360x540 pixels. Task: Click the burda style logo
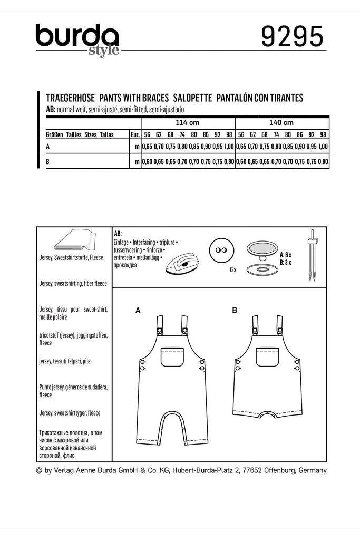(77, 40)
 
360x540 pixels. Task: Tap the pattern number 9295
(293, 38)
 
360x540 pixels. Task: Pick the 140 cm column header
(283, 122)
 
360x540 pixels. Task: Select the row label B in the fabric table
(48, 162)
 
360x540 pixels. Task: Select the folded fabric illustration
(74, 241)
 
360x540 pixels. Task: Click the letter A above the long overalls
(138, 311)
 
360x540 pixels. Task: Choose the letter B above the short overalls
(234, 311)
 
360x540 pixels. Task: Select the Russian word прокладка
(125, 265)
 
